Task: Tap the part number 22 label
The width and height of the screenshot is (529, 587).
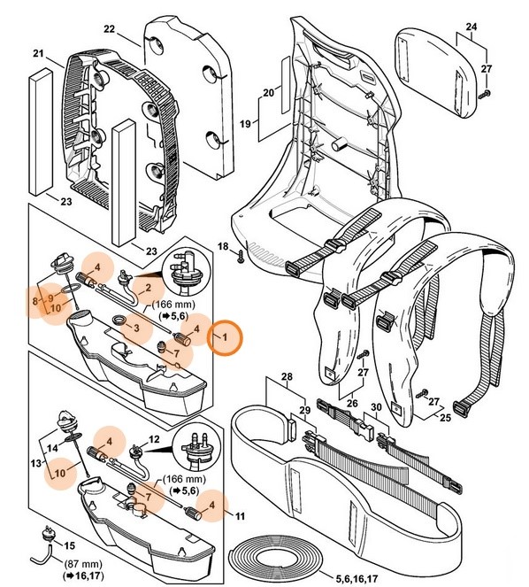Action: pyautogui.click(x=110, y=29)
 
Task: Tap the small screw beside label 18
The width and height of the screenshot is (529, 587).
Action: pyautogui.click(x=239, y=257)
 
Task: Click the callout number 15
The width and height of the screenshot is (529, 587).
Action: pyautogui.click(x=71, y=545)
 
